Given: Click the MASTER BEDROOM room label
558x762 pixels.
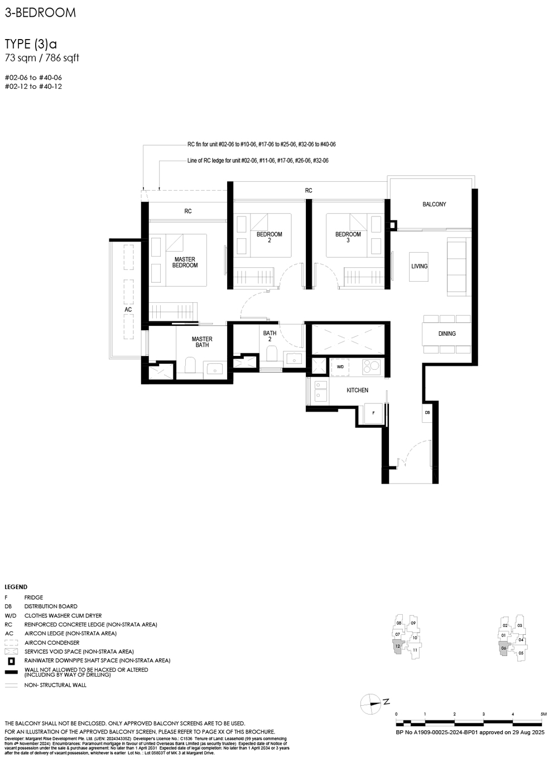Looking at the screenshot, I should coord(185,262).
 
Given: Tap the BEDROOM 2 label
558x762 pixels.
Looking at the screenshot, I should coord(269,237).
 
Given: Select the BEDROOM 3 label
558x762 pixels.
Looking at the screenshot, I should coord(348,237).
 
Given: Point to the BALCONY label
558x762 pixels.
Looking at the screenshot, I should coord(434,205).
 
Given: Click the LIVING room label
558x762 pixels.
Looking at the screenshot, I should coord(419,266).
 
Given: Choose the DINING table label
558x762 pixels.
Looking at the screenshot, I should coord(446,334).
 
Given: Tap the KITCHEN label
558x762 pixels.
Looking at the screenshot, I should coord(357,390).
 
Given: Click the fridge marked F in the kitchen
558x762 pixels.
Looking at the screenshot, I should coord(373,413).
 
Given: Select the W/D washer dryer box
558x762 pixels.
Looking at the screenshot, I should coord(340,366).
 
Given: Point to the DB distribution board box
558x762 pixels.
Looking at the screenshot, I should coord(427,413).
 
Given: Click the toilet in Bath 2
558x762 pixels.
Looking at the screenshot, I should coord(272,354).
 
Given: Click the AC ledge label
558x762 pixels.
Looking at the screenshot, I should coord(128,310).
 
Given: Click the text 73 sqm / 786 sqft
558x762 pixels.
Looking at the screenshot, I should coord(42,58).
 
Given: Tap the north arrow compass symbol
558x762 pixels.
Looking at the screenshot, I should coord(371,704).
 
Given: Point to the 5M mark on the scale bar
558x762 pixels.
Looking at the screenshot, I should coord(543,715).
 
